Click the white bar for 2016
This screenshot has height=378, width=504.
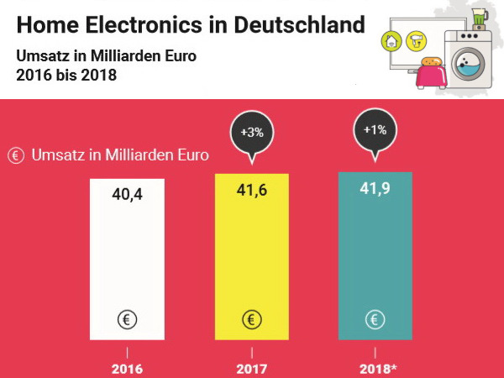[x=128, y=260]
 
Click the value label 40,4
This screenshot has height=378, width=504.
[x=128, y=195]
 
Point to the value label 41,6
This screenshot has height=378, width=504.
[x=251, y=191]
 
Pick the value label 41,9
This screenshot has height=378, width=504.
[x=375, y=190]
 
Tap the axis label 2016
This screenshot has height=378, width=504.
[x=128, y=368]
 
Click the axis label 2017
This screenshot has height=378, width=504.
[x=251, y=368]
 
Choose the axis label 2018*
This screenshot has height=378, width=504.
[x=377, y=368]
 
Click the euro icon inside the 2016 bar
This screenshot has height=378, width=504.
[x=128, y=319]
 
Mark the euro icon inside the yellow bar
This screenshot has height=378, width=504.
[x=251, y=319]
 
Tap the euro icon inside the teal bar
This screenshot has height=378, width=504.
[x=375, y=319]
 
